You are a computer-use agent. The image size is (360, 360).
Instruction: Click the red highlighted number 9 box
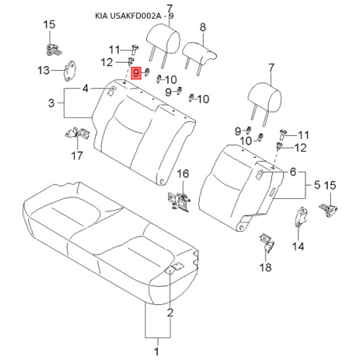coord(136,72)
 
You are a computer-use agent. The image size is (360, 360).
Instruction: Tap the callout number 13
coord(43,70)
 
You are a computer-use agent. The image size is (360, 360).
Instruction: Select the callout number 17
coord(77,156)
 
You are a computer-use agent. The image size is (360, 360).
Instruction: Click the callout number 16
coord(183,174)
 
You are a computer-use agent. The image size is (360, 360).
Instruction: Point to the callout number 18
coord(266,267)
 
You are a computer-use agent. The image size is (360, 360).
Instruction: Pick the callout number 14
coord(298,246)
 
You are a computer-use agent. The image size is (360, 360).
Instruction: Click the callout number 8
coord(203,28)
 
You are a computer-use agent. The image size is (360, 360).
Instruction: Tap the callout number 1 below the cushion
coord(156,351)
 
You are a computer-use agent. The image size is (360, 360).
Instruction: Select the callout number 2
coord(171,312)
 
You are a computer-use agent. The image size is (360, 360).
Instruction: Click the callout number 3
coord(51,103)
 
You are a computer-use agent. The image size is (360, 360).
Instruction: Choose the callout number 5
coord(317,185)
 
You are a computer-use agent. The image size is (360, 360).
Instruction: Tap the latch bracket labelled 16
coord(179,201)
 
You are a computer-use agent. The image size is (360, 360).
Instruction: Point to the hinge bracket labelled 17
coord(78,133)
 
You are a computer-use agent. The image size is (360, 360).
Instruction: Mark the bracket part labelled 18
coord(266,242)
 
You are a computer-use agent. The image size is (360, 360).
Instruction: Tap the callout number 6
coord(293,172)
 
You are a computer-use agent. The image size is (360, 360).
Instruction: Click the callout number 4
coord(86,89)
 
